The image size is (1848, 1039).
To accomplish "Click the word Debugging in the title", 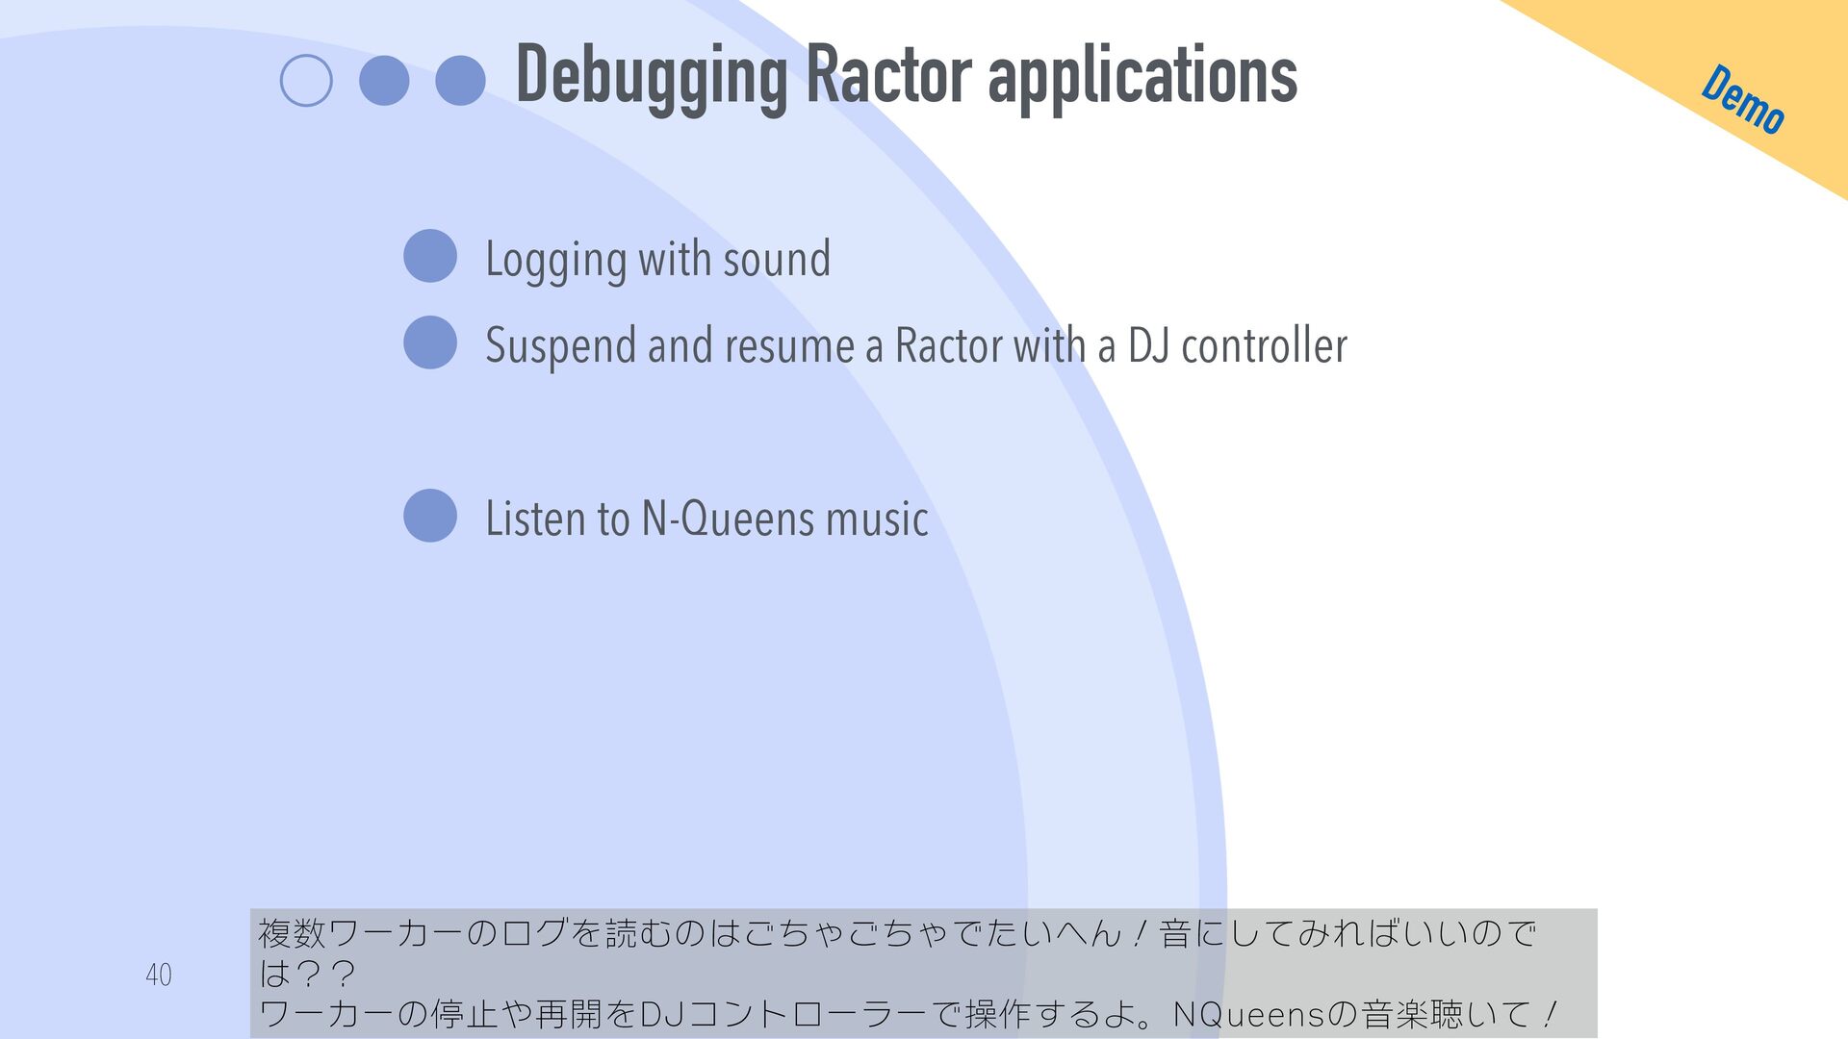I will tap(652, 77).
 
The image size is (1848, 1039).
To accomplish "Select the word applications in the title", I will tap(1142, 77).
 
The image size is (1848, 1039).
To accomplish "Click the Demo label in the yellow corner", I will tap(1743, 99).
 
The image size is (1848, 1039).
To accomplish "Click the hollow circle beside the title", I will tap(306, 81).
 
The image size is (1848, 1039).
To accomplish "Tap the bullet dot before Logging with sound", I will tap(430, 256).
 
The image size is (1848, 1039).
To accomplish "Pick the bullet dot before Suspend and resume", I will tap(430, 342).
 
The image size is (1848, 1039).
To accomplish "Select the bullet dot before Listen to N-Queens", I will tap(430, 516).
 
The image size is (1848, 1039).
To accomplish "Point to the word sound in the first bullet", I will tap(777, 259).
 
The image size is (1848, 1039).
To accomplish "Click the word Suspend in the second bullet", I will tap(560, 346).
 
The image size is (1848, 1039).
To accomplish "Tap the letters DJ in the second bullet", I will tap(1148, 345).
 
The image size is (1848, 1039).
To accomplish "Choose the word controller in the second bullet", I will tap(1264, 345).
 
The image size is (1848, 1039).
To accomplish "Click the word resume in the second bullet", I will tap(789, 346).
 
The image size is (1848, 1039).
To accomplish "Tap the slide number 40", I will tap(159, 975).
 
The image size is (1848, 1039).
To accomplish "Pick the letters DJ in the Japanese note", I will tap(663, 1014).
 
